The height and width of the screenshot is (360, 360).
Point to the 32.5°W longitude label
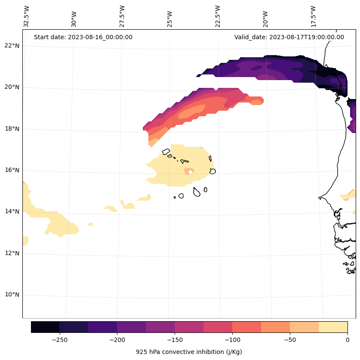[27, 16]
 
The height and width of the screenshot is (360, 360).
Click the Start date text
[83, 37]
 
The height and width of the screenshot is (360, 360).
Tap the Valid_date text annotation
[289, 37]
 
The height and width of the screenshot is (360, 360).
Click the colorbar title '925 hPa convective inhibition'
[189, 352]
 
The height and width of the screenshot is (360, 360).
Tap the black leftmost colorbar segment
[45, 327]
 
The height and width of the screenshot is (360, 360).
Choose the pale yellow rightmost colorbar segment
[333, 327]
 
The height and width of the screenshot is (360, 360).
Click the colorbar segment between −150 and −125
[189, 327]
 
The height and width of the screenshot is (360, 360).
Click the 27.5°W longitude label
[122, 16]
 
